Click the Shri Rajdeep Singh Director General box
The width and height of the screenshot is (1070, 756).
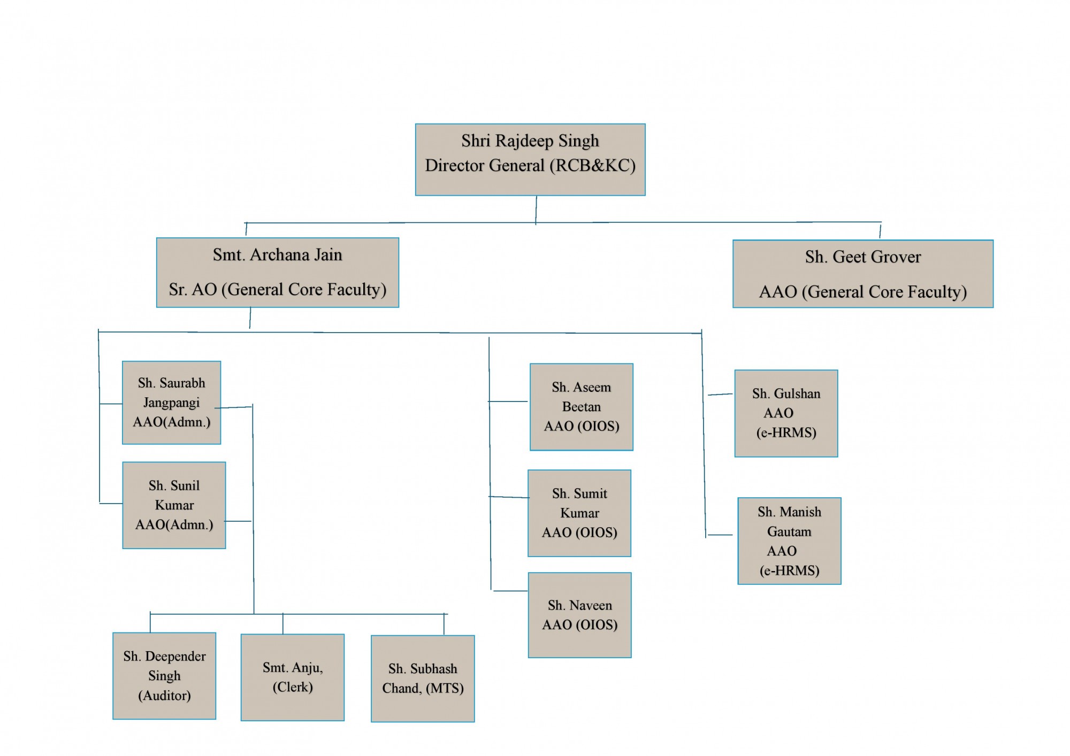530,160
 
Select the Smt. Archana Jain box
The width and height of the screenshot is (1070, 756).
278,273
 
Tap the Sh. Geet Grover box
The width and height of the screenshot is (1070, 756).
863,274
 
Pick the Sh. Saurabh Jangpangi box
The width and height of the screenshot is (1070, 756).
171,403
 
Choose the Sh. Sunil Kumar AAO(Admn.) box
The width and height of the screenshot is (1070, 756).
174,505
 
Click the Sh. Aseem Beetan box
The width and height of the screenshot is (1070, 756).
582,407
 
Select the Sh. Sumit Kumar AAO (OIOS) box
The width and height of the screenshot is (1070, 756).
579,513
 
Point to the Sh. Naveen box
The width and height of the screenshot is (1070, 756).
580,615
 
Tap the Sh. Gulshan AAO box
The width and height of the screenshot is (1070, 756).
786,413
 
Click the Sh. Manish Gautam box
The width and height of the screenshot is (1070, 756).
790,541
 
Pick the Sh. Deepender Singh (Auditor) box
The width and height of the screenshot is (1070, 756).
164,676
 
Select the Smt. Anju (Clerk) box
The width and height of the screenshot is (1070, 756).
293,677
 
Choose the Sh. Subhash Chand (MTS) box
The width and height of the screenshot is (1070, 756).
423,678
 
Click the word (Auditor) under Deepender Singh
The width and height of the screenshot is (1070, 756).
164,696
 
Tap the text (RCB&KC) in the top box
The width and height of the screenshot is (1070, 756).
593,166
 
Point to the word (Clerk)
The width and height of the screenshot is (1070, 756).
293,687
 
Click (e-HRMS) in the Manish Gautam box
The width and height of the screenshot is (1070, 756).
790,570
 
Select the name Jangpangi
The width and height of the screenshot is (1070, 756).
171,403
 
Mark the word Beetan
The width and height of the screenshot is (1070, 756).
582,407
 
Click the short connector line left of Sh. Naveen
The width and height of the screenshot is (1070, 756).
510,591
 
